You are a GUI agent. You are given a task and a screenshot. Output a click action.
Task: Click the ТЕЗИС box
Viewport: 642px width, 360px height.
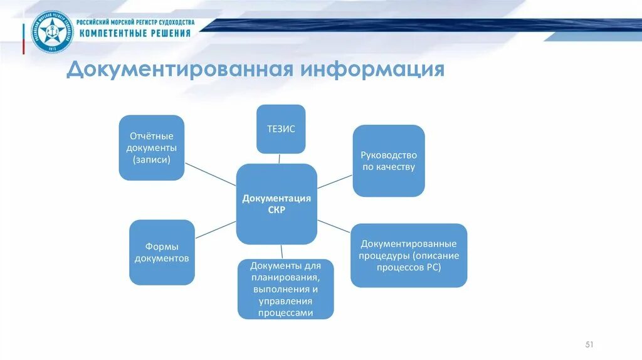pos(281,129)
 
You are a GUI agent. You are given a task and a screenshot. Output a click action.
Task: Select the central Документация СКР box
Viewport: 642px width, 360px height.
pos(276,204)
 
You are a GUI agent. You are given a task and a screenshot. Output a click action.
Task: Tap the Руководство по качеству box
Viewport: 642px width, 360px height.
pos(388,161)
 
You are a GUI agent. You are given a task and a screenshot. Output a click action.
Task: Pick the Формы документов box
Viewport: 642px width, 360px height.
pos(162,252)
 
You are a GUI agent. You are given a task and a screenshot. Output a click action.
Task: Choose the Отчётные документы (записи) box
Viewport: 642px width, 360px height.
pos(152,147)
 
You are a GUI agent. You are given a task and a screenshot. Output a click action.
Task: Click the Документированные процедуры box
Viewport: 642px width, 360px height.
pos(409,255)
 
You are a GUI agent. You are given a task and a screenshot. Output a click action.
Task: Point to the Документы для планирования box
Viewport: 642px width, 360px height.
pos(285,289)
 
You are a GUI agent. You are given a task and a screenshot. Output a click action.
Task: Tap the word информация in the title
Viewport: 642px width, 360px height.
pos(372,70)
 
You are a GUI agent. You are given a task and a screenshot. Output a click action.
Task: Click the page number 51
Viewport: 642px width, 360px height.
pos(589,344)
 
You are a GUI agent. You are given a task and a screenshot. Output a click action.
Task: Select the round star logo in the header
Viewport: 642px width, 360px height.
pos(52,33)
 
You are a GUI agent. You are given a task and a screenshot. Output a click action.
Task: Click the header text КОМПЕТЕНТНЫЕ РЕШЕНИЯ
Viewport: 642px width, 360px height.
pos(135,33)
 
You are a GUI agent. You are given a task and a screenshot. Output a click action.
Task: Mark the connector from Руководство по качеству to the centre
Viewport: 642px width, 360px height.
pos(335,182)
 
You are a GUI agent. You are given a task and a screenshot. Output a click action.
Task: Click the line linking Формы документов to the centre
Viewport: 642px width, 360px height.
pos(215,230)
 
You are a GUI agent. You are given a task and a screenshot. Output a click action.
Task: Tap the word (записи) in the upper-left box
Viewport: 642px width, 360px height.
pos(151,159)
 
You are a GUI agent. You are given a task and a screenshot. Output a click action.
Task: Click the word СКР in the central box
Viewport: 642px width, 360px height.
pos(276,210)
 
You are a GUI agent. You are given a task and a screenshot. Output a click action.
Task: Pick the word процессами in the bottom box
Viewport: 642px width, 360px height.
pos(285,312)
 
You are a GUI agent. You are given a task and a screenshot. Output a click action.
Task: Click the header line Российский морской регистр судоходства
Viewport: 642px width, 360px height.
pos(135,22)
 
